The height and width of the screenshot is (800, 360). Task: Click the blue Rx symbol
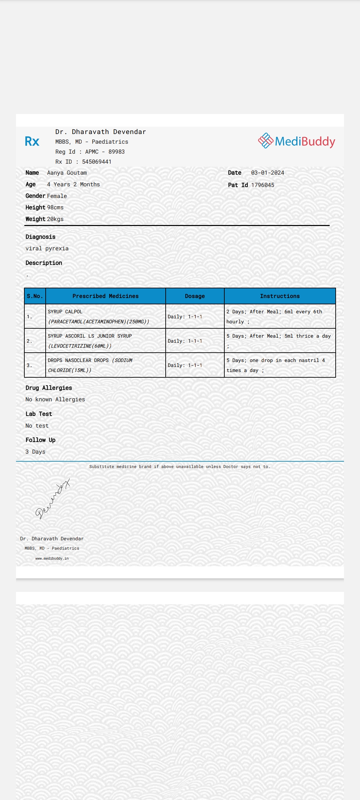pos(32,141)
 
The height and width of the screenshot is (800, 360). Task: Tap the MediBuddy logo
pos(296,141)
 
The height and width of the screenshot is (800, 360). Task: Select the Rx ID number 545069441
pos(97,162)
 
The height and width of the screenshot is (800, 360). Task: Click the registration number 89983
pos(116,152)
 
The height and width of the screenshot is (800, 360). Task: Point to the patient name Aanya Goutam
pos(67,173)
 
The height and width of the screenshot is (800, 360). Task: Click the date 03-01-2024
pos(268,173)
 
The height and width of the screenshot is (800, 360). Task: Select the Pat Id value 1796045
pos(263,185)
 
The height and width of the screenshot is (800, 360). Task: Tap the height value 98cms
pos(55,207)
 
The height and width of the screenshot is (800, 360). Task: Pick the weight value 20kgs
pos(55,219)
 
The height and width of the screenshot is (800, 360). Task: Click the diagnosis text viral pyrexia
pos(47,248)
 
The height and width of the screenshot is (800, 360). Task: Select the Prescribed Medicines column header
pos(105,296)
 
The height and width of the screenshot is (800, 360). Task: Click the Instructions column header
pos(280,296)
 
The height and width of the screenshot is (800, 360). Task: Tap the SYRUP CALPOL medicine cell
pos(99,316)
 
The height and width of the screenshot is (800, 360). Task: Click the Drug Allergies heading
pos(49,388)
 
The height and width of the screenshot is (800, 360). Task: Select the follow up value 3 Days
pos(35,452)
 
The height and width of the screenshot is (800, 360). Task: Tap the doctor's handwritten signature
pos(53,499)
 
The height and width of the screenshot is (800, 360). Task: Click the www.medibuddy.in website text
pos(52,558)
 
